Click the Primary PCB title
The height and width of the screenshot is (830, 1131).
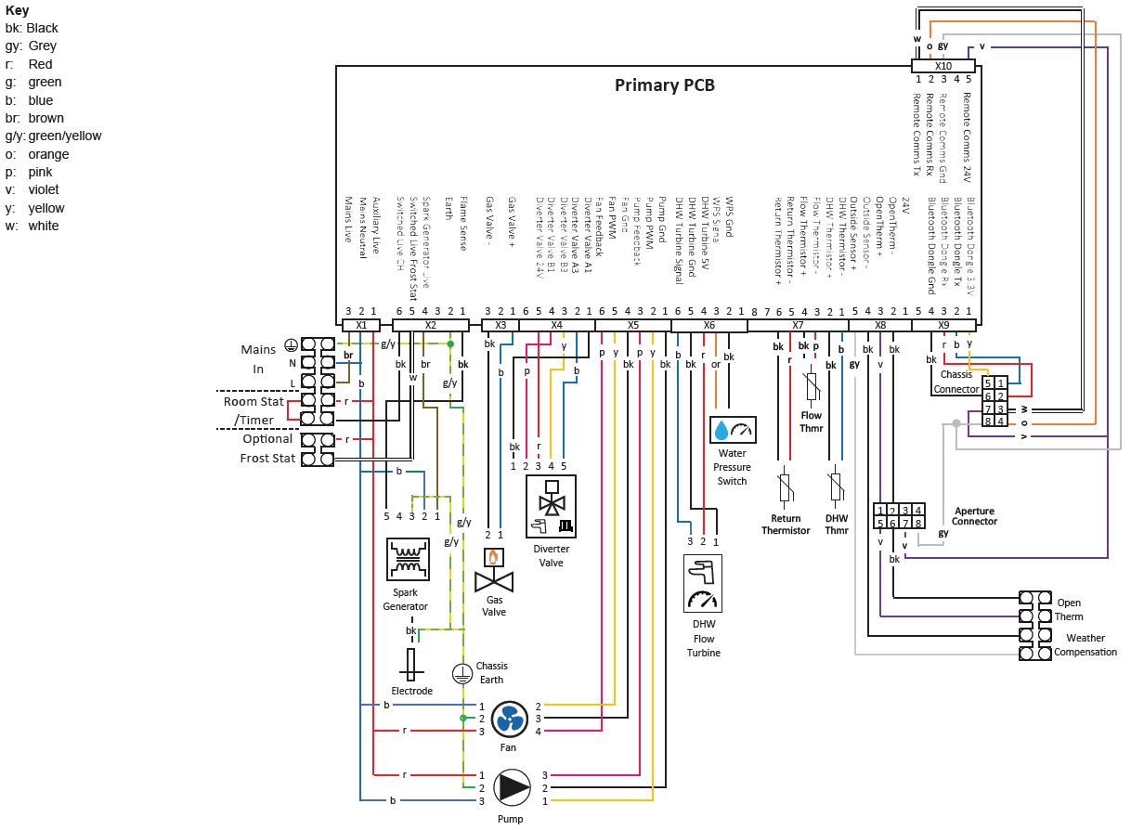click(665, 85)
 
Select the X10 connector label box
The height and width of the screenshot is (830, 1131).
click(942, 66)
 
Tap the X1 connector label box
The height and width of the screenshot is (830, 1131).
click(361, 325)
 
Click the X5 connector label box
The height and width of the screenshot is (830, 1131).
click(632, 325)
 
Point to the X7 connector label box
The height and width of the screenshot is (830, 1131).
click(797, 325)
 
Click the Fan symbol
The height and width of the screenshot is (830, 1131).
click(509, 719)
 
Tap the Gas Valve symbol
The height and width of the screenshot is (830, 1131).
click(494, 573)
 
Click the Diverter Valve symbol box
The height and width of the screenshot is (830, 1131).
click(551, 507)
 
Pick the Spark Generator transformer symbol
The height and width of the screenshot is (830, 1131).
click(407, 559)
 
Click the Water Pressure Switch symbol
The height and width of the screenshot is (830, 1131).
click(733, 430)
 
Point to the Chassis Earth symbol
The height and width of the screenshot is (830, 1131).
click(462, 674)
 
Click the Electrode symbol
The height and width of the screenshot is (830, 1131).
click(411, 665)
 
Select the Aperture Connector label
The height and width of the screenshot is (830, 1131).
click(974, 516)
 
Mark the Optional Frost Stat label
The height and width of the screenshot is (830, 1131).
click(267, 448)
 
